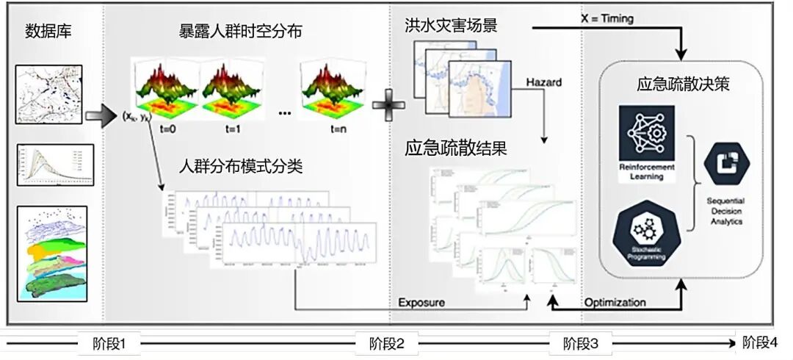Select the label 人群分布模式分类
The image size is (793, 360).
241,166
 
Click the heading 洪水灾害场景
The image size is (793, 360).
452,25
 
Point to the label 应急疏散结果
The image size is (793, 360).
456,147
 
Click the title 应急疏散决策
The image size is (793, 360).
683,84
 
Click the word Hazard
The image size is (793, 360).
543,82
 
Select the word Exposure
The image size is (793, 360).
421,303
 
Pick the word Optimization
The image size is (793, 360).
615,302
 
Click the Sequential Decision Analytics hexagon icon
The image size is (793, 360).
725,165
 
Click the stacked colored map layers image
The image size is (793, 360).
51,252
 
